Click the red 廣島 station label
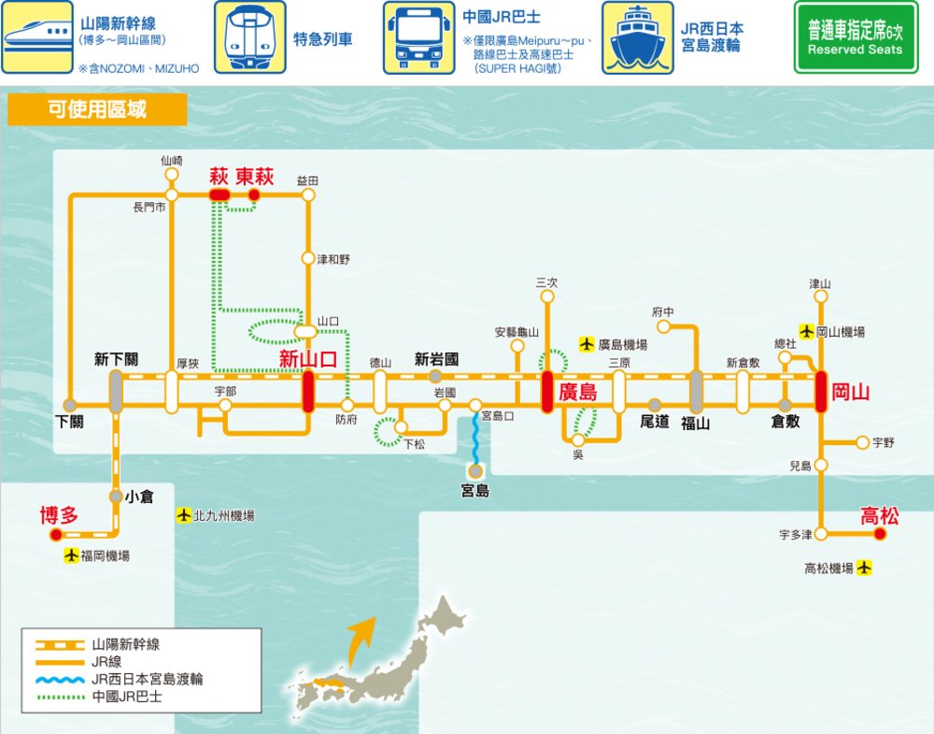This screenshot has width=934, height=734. coord(578,393)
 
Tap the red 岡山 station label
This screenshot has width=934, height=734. coord(851,393)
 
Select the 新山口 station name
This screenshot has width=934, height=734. coord(308,360)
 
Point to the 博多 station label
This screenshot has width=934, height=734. coord(58,515)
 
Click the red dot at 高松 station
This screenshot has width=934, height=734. coord(879,534)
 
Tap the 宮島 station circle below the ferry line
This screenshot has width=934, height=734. coord(475,471)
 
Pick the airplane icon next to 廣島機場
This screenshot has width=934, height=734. coord(587,344)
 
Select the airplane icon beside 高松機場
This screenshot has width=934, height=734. coord(864,568)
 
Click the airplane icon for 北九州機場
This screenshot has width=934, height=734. coord(184,515)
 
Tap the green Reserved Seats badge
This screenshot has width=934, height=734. coord(855,37)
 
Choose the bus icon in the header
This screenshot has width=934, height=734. coord(418,37)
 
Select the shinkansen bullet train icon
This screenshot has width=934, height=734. coord(37,37)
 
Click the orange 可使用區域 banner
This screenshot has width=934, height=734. coord(97,109)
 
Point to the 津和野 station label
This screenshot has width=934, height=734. coord(333,259)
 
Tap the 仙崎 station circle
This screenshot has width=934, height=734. coord(171,175)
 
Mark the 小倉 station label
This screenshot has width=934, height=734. coord(139,497)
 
